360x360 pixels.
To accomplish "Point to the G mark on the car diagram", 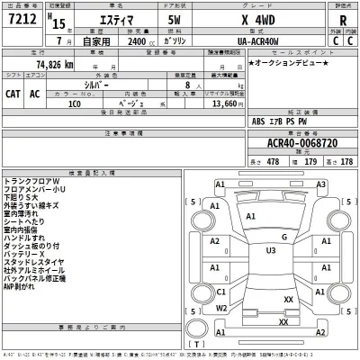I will click(x=283, y=237).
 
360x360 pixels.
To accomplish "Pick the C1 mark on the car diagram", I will click(x=220, y=292).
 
